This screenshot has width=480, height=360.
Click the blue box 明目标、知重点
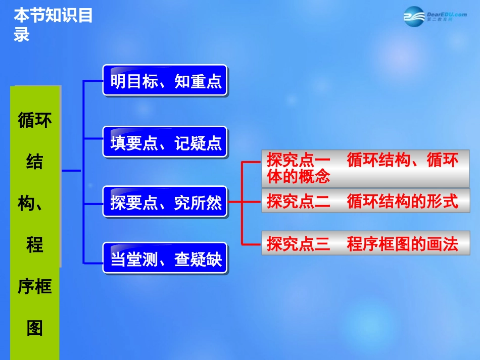pos(166,81)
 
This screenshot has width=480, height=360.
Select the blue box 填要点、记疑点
pos(166,143)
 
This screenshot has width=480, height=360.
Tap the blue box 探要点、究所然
pos(166,202)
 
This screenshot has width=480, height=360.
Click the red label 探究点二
pos(298,201)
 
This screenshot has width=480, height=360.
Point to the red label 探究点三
pos(298,244)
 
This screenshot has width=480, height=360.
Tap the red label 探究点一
pos(298,161)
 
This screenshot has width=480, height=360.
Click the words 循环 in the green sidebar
pos(35,121)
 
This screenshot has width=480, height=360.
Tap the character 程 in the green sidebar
pos(35,245)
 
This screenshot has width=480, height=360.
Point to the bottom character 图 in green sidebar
pos(35,329)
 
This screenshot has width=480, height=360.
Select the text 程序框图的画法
pos(402,244)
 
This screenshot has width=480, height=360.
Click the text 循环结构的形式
pos(402,201)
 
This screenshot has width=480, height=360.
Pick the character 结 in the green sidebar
pos(35,162)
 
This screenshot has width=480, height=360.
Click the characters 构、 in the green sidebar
pos(35,204)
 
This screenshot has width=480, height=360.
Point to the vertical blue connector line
pos(83,172)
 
